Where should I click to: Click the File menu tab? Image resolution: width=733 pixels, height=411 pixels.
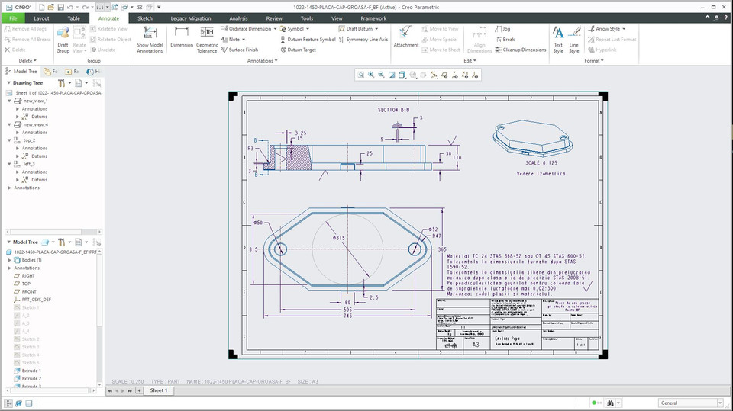(x=12, y=18)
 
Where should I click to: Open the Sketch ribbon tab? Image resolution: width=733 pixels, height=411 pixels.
(x=144, y=18)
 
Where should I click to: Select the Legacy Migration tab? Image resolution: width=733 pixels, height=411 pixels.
(x=191, y=18)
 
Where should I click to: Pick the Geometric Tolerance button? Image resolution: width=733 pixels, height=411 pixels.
(x=207, y=38)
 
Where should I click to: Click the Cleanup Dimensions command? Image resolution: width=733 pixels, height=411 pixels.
(x=524, y=50)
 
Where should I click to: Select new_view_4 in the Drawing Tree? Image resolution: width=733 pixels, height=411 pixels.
(x=36, y=124)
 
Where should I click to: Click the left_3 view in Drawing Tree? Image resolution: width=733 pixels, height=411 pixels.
(x=29, y=164)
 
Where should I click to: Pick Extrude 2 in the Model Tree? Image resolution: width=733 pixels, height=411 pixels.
(x=31, y=378)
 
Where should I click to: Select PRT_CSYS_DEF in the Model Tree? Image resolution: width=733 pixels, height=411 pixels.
(x=37, y=300)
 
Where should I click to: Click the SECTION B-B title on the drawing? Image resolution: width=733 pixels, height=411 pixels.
(x=393, y=110)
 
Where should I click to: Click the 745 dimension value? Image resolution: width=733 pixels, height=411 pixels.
(x=347, y=316)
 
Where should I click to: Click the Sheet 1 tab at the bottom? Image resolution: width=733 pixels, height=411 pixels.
(x=158, y=390)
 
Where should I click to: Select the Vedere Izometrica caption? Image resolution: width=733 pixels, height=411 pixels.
(x=541, y=174)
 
